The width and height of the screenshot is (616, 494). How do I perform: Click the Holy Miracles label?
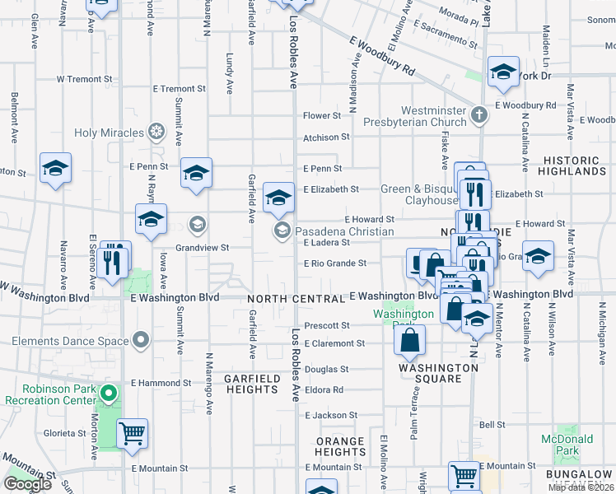[x=109, y=133]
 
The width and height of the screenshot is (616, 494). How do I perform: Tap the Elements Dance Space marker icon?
[x=142, y=340]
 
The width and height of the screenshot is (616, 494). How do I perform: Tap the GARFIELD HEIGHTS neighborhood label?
[x=251, y=384]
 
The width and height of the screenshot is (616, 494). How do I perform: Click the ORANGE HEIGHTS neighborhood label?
[x=340, y=446]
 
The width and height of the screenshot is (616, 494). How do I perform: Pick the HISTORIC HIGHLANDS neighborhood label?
[x=572, y=165]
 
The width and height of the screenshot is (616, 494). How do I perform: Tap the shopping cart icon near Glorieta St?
[x=132, y=431]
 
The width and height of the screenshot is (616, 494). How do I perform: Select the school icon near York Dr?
[x=502, y=72]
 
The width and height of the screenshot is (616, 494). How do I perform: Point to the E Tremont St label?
[x=177, y=89]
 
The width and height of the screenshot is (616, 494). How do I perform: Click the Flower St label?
[x=321, y=116]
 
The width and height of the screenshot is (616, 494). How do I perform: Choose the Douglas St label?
[x=329, y=370]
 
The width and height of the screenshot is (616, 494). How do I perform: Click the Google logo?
[x=27, y=484]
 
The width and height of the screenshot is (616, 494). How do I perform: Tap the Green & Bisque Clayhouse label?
[x=419, y=194]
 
